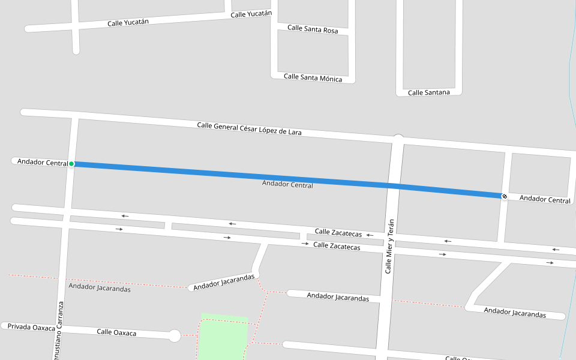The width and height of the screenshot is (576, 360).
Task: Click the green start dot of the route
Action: pyautogui.click(x=71, y=164)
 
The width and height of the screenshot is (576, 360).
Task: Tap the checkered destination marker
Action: pyautogui.click(x=505, y=196)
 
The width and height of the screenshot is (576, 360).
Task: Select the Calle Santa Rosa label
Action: pyautogui.click(x=312, y=29)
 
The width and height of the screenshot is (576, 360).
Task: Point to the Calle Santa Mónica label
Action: pyautogui.click(x=313, y=77)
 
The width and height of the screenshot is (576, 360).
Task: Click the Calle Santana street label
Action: pyautogui.click(x=428, y=92)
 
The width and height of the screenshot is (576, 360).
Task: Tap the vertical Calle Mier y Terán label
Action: pyautogui.click(x=389, y=246)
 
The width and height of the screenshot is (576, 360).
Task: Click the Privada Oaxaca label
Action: pyautogui.click(x=31, y=327)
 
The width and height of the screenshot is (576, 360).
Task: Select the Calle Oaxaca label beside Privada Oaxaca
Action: pyautogui.click(x=116, y=332)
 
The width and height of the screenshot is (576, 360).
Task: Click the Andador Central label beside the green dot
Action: pyautogui.click(x=42, y=162)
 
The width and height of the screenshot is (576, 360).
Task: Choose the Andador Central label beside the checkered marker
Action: pyautogui.click(x=545, y=199)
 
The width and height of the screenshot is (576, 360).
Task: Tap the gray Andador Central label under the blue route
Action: pyautogui.click(x=287, y=185)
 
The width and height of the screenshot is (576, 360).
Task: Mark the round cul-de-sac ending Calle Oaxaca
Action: pyautogui.click(x=174, y=336)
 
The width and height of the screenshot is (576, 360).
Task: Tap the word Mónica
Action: pyautogui.click(x=331, y=79)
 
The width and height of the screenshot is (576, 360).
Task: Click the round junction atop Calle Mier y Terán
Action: pyautogui.click(x=398, y=140)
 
